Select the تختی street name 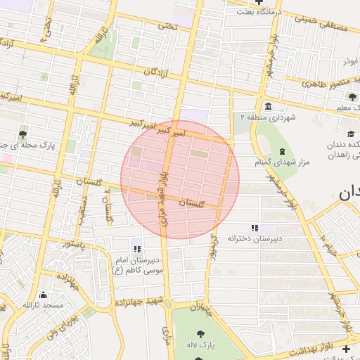point(167,26)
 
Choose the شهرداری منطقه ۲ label point(263,117)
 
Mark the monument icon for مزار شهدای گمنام point(282,152)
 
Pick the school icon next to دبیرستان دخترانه point(255,228)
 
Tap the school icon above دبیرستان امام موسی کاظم point(137,248)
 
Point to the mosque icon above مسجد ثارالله point(44,295)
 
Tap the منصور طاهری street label point(331,84)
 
